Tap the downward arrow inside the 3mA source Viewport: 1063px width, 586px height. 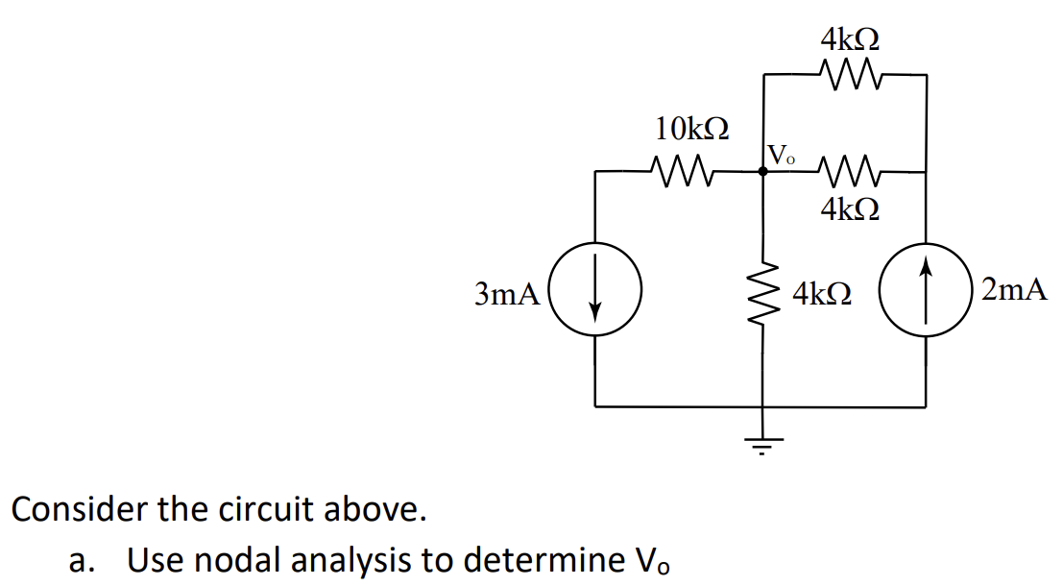coord(595,294)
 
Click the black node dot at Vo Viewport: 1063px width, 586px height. coord(763,172)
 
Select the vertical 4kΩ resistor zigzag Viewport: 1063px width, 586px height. coord(764,293)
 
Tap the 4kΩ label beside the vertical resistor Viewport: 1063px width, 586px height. coord(821,293)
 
